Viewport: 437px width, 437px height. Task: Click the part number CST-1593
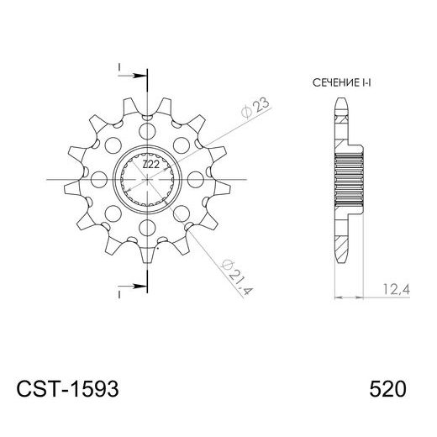[67, 390]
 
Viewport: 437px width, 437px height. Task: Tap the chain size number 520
[387, 390]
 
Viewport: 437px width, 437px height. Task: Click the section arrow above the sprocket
[135, 75]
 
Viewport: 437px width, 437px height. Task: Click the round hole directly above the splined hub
[149, 131]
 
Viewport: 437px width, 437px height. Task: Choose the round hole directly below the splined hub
[149, 228]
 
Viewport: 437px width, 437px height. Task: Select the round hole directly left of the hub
[100, 179]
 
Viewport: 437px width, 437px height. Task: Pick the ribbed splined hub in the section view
[348, 178]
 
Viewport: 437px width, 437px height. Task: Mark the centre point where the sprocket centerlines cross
[149, 179]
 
